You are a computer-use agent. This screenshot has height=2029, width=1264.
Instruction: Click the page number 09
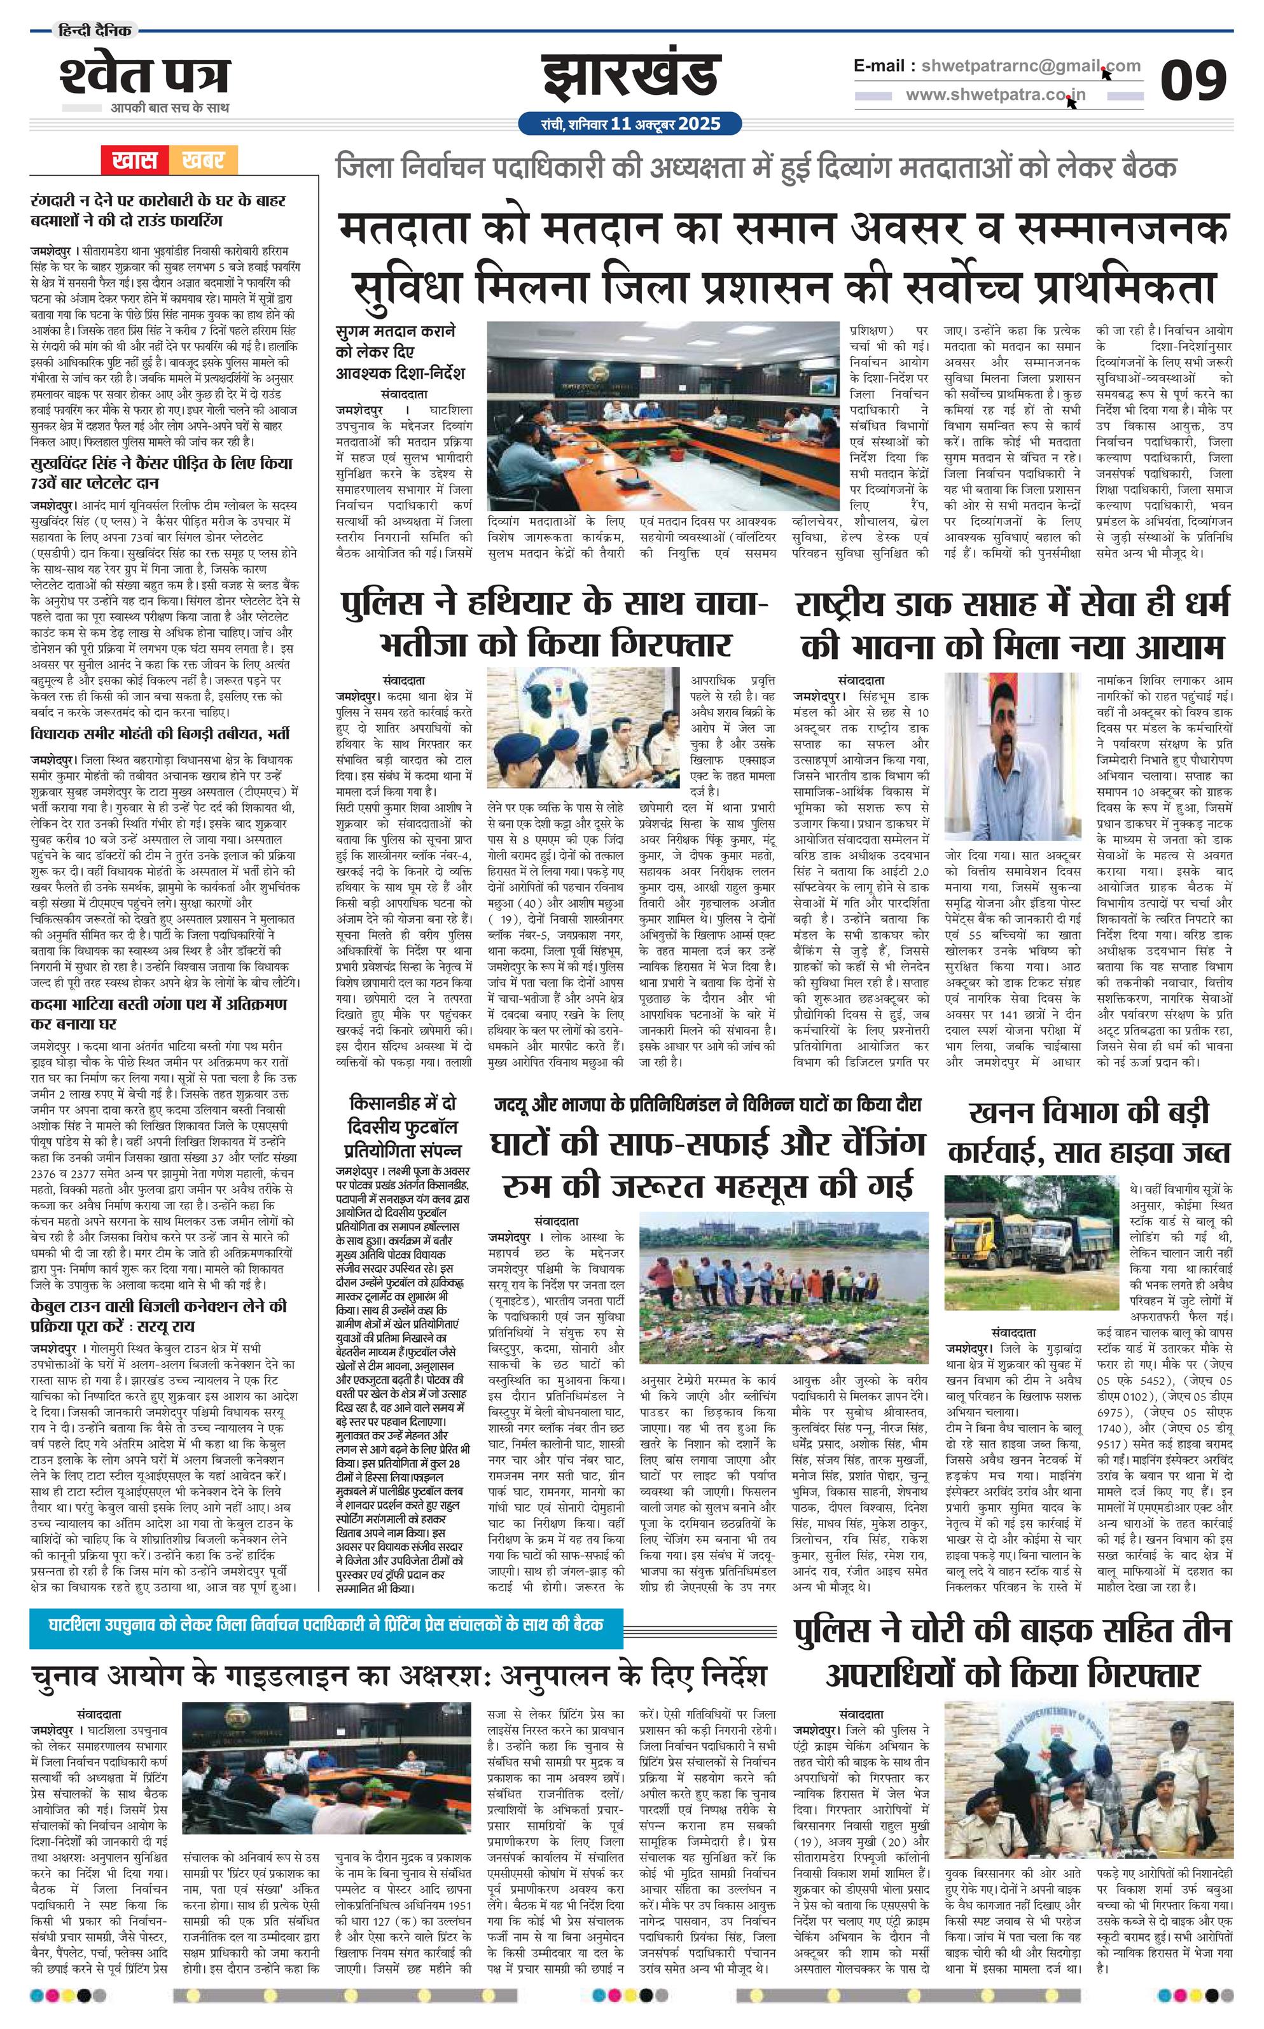point(1193,81)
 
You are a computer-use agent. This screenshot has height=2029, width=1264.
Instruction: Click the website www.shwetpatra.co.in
point(996,95)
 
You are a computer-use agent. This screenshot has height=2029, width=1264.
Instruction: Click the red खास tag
point(135,160)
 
